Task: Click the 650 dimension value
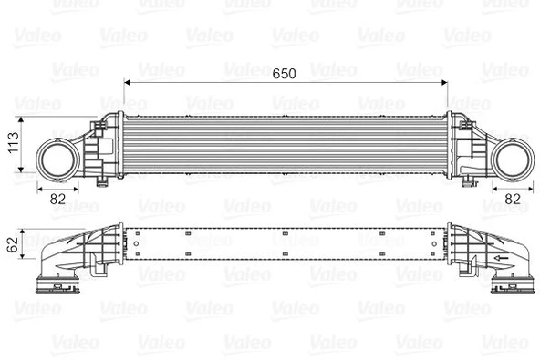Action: (284, 74)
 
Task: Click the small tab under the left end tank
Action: (98, 181)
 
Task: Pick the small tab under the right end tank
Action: (469, 181)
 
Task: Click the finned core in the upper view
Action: (284, 145)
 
